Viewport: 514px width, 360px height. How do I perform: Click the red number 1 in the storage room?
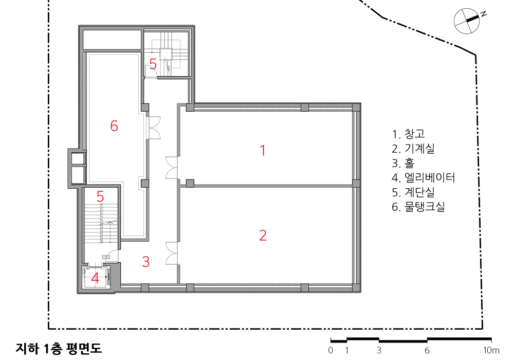pos(263,151)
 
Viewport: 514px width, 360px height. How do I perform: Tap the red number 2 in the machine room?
pos(263,236)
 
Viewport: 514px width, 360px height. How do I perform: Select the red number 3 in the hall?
pos(146,262)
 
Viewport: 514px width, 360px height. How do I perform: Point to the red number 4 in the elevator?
pos(95,278)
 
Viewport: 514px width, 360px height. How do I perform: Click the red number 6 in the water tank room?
pos(114,126)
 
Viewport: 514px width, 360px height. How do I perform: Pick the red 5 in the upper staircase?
pos(153,64)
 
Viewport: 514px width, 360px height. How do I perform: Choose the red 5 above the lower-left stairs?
pos(100,197)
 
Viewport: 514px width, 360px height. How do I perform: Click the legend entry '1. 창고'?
pos(409,134)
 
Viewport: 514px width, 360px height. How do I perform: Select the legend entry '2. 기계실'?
pos(413,148)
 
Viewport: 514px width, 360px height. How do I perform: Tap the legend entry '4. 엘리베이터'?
pos(424,177)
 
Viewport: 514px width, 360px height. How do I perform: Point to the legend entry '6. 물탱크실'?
pos(418,207)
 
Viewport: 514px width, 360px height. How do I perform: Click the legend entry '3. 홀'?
pos(403,163)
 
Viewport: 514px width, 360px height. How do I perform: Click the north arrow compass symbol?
pos(467,21)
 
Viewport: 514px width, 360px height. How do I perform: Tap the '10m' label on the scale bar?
pos(491,351)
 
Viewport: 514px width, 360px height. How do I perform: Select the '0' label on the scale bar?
pos(331,351)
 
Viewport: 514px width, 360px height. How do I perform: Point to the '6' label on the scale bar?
pos(427,351)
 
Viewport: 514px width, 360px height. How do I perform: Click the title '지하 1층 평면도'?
pos(59,348)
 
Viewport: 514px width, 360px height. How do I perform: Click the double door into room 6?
pos(154,127)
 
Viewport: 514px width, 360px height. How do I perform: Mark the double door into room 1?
pos(172,168)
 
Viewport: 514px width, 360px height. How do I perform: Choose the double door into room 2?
pos(172,253)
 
